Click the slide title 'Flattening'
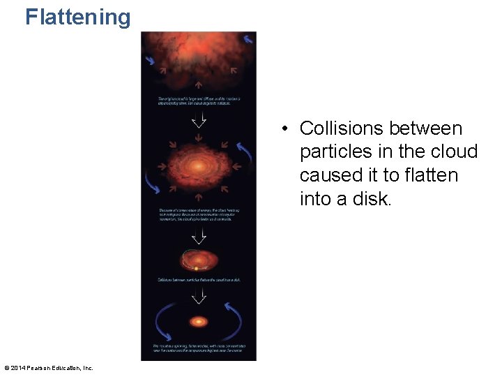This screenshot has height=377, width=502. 78,17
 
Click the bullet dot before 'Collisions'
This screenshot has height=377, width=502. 285,129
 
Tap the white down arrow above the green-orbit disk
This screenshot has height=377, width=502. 199,235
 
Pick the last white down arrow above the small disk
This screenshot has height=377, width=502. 199,296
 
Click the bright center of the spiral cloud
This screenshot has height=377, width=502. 199,166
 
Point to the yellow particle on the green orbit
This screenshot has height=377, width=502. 197,267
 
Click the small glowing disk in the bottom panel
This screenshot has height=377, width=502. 199,322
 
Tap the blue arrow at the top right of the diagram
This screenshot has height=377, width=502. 248,40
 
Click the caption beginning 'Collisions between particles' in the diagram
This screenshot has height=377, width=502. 199,280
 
